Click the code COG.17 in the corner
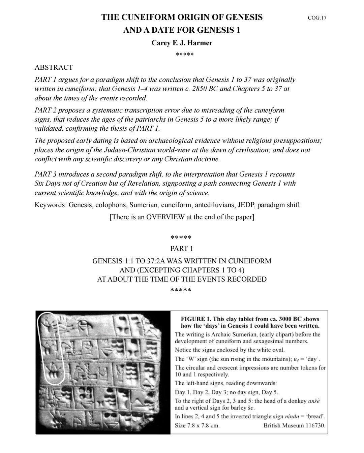(x=317, y=18)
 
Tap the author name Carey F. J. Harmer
(x=182, y=43)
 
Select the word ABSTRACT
(x=54, y=67)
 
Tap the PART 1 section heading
(x=182, y=249)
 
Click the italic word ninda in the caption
(x=292, y=417)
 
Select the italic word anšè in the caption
(x=314, y=401)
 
